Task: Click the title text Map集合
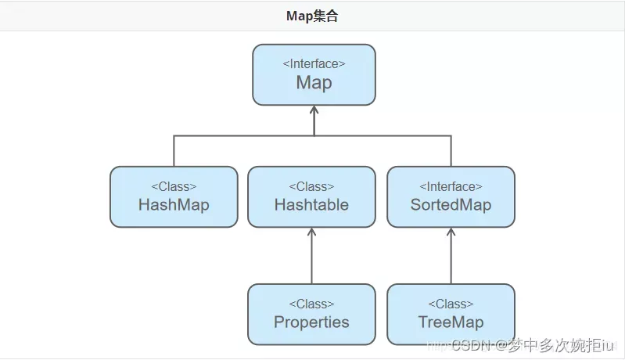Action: pos(312,16)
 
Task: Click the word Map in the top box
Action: pos(314,83)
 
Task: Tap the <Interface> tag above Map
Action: pos(314,64)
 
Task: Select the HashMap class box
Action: pos(174,196)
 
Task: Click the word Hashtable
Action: pos(311,205)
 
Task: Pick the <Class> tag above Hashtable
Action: pos(311,187)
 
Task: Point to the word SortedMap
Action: pos(451,205)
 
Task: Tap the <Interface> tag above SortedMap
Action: pos(451,187)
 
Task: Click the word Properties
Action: pos(311,322)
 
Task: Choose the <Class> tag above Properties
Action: pos(311,304)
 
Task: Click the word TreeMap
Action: pos(451,322)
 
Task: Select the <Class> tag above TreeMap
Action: pos(451,304)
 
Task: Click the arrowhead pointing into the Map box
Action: pos(314,110)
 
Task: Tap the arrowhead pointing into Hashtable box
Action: pos(311,232)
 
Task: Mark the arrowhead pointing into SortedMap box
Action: pos(451,232)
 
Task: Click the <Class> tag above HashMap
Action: pos(174,187)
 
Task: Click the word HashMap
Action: pos(174,205)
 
